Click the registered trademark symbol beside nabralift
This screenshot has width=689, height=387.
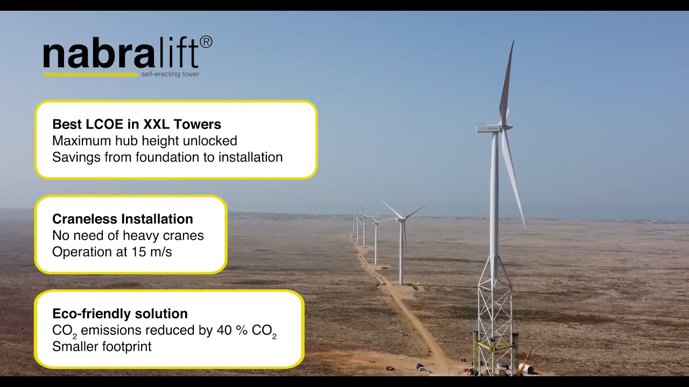pos(206,42)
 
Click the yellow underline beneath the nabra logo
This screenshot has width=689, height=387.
pos(90,74)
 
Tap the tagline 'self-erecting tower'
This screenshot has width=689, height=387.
pos(170,74)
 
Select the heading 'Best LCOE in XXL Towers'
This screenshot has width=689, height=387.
pos(137,124)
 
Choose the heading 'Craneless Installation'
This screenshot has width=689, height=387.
pos(122,219)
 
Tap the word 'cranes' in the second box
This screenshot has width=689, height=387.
pos(185,235)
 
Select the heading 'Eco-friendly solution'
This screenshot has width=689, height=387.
pos(120,313)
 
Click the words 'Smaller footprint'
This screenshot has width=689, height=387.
pos(102,347)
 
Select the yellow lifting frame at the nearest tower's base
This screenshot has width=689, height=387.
pos(494,349)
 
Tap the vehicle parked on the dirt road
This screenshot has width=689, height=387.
pos(420,367)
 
